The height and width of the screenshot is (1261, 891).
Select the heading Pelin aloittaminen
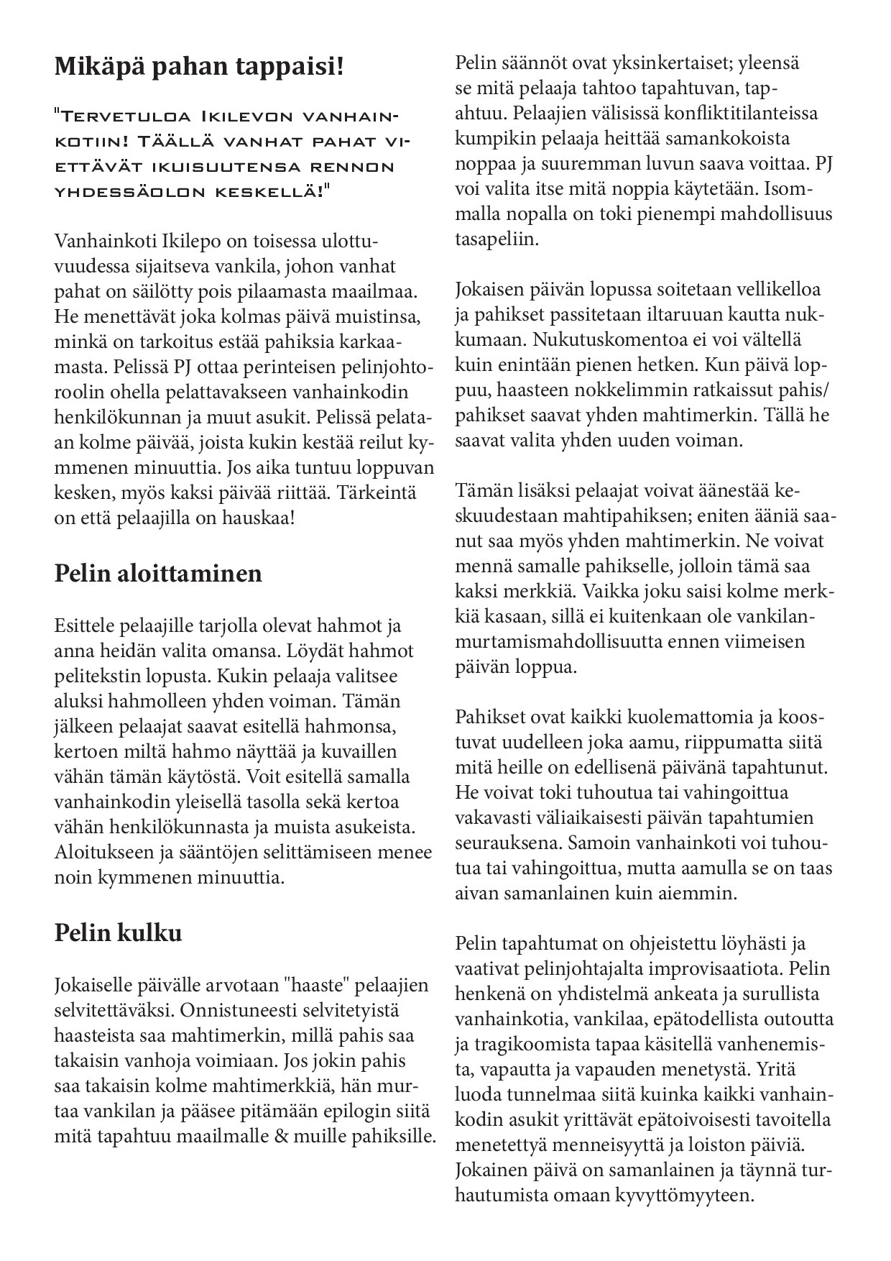coord(158,574)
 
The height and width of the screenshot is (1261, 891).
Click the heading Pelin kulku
coord(118,932)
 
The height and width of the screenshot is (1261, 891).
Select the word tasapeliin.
coord(496,239)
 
